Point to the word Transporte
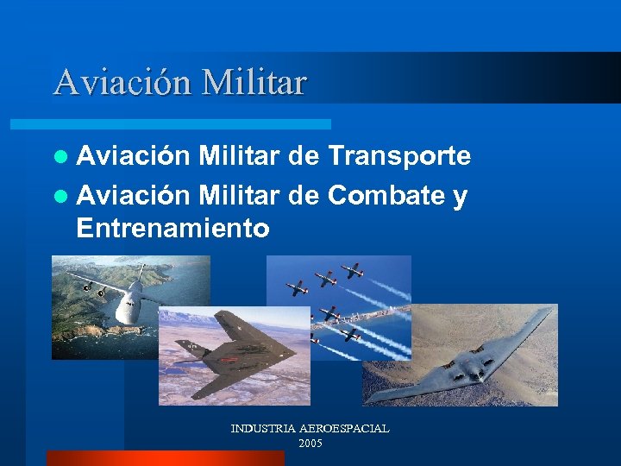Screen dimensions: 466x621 (398, 155)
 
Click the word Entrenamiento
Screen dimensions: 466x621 (172, 229)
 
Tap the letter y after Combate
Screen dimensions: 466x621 (460, 198)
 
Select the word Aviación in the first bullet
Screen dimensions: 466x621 (133, 155)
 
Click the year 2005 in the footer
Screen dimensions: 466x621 (310, 444)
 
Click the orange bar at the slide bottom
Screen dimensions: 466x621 (165, 458)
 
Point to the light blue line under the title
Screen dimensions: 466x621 (190, 124)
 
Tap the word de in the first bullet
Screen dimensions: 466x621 (304, 155)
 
